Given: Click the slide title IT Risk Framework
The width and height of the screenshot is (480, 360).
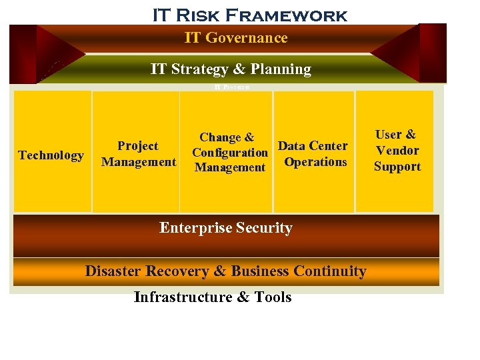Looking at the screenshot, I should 249,15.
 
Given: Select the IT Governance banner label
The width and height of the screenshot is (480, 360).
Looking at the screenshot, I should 236,38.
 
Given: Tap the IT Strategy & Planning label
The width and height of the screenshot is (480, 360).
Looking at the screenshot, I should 231,69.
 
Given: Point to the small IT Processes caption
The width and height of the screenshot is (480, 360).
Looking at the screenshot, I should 232,87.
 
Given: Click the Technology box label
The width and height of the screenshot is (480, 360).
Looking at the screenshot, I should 51,155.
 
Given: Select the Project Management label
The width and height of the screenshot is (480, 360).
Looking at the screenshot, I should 138,154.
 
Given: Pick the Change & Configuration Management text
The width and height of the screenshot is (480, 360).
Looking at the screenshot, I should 229,153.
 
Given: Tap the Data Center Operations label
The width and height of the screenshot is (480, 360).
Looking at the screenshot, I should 313,154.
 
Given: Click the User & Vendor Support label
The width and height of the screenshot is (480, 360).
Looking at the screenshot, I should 397,151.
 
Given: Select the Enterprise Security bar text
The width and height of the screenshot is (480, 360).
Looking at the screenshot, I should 226,228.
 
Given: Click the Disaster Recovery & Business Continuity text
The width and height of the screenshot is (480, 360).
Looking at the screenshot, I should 225,271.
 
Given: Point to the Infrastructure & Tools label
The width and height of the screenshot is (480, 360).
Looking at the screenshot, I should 213,297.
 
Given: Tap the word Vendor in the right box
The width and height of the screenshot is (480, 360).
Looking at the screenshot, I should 397,151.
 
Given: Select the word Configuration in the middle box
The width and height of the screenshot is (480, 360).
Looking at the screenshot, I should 229,153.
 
